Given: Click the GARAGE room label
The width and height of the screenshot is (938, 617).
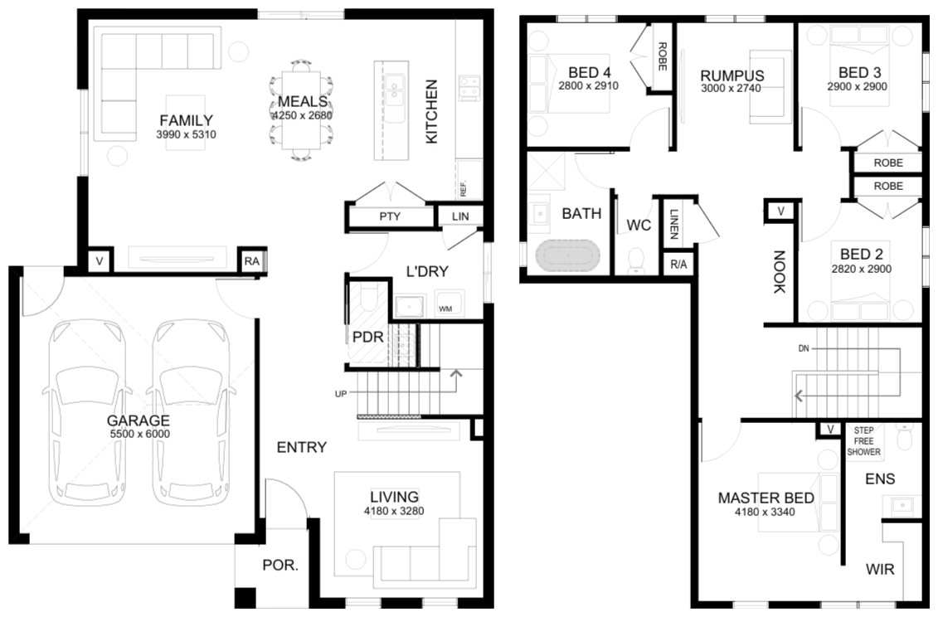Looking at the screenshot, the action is [x=139, y=420].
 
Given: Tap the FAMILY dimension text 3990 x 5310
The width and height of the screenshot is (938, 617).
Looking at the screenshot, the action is [x=186, y=134].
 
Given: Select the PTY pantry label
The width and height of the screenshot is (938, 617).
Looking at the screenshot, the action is [x=390, y=216].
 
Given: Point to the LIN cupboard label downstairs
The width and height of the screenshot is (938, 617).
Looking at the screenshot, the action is [x=460, y=216].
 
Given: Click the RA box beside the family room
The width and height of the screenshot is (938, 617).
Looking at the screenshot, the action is [x=252, y=261].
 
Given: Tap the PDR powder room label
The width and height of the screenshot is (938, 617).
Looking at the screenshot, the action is [x=368, y=337].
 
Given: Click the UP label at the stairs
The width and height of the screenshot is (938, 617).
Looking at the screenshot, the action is [x=340, y=394].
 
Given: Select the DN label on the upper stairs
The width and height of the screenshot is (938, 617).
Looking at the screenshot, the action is [x=804, y=348].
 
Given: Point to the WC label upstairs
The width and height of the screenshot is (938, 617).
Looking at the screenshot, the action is [x=639, y=225].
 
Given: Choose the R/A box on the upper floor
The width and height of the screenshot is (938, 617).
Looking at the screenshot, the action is [x=678, y=264].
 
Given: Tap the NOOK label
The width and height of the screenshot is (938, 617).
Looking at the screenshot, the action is [x=779, y=272].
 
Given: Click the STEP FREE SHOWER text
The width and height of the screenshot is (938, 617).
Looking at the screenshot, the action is [x=864, y=441].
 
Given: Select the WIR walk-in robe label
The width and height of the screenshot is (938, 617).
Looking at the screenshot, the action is [x=880, y=569].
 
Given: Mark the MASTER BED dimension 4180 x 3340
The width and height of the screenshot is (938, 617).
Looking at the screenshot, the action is [x=765, y=512].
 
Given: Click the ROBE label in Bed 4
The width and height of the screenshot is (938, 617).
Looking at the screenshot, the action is [x=662, y=56].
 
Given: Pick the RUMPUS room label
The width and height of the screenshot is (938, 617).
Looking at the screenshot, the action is [x=732, y=75].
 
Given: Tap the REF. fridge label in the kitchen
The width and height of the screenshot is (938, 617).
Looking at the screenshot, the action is [x=464, y=188].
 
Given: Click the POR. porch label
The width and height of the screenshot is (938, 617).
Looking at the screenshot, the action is [x=280, y=565].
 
